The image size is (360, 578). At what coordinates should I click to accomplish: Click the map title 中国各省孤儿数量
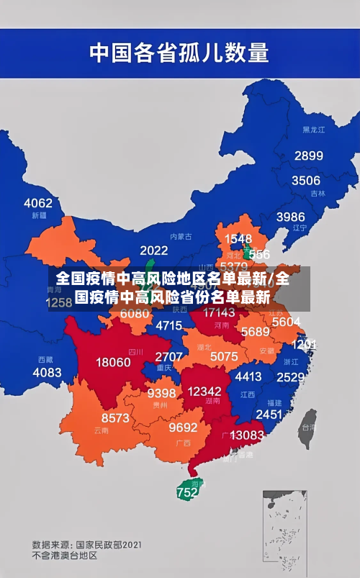point(179,53)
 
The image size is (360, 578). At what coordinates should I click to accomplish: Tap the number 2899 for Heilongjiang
point(308,155)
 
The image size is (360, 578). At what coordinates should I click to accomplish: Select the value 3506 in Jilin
point(305,180)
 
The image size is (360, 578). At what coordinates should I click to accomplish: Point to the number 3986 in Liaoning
point(290,217)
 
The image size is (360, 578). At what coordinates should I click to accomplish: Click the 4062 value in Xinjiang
point(38,203)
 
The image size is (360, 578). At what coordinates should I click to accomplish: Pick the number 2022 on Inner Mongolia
point(153,250)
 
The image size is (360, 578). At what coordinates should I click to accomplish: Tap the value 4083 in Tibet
point(48,372)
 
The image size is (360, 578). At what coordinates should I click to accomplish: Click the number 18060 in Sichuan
point(114,362)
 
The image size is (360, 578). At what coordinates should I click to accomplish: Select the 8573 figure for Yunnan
point(115,417)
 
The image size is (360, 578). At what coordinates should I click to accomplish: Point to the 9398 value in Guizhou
point(161,393)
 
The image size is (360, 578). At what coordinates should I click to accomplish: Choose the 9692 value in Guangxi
point(183,427)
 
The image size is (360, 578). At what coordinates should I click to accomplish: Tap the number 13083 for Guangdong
point(247,435)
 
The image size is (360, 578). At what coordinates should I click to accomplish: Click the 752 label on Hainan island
point(186,493)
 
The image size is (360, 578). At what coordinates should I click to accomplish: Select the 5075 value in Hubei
point(224,356)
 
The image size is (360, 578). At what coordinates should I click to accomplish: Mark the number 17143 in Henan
point(219,312)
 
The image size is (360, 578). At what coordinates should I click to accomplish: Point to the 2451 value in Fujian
point(269,414)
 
